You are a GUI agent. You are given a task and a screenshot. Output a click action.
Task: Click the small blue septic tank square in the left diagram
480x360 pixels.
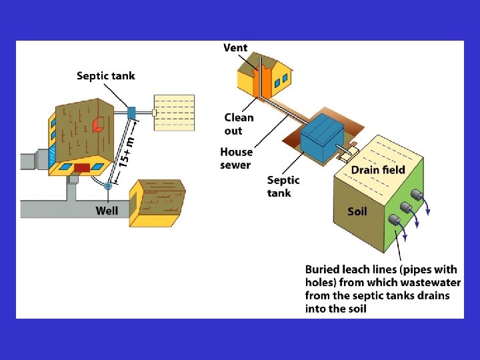coord(131,112)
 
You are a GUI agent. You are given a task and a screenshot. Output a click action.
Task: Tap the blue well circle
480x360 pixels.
coord(108,186)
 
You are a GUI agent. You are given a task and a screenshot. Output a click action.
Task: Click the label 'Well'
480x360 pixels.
coord(107,211)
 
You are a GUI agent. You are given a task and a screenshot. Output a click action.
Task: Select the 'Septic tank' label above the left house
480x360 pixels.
coord(105,76)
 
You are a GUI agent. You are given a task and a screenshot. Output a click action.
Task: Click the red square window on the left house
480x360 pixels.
coord(98,125)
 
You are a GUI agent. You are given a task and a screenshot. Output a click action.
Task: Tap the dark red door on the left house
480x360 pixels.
coord(81,167)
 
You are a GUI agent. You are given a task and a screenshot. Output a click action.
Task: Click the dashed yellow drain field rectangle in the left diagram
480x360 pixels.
coord(175,113)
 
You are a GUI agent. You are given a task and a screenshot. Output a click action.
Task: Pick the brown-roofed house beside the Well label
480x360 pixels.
coord(158,203)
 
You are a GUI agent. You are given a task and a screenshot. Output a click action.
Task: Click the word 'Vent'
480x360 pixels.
coord(235,47)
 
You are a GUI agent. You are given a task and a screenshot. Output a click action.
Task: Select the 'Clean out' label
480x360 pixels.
coord(239,124)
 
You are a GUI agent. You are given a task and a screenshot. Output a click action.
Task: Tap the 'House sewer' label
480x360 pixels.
coord(237,159)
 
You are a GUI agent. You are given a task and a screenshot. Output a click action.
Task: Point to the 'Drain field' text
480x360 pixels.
coord(378,170)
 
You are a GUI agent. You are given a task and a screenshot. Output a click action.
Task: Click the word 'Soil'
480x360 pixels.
coord(357,212)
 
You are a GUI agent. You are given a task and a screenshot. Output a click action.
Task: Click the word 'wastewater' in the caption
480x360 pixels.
coord(432,282)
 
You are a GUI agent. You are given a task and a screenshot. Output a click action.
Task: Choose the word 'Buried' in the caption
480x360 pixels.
coord(323,269)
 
